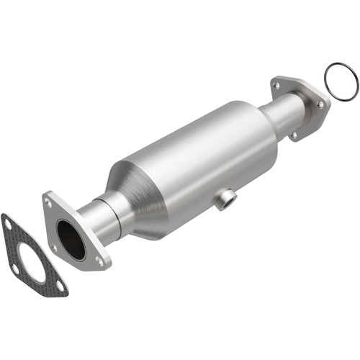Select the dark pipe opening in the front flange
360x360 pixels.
tap(71, 240)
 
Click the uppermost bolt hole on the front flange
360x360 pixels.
tap(50, 203)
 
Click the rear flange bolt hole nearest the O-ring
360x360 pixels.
tap(320, 105)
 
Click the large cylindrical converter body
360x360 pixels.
tap(202, 158)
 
